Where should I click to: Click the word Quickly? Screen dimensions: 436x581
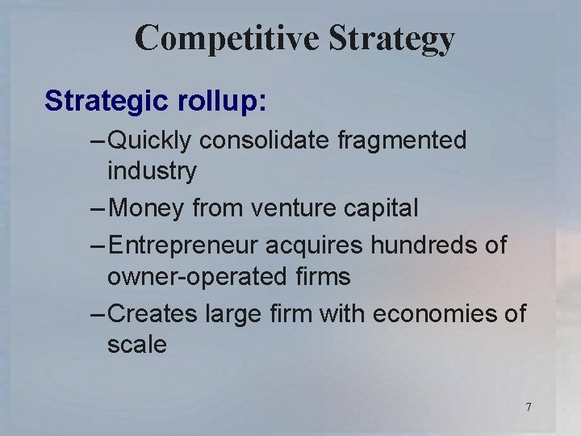coord(149,140)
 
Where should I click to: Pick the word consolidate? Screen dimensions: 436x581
coord(265,140)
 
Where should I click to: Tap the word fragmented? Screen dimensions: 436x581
coord(403,140)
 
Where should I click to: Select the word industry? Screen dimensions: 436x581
coord(152,171)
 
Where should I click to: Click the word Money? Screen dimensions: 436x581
coord(146,208)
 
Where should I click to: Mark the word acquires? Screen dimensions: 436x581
coord(310,245)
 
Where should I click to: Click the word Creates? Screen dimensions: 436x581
coord(152,312)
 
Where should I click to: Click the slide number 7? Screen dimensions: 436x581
coord(529,407)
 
